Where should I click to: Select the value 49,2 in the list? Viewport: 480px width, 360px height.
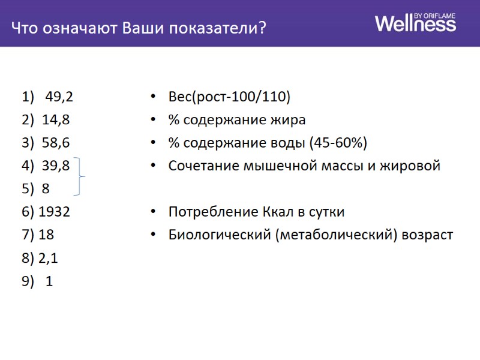[x=59, y=97]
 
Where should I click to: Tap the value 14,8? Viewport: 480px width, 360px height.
[x=56, y=119]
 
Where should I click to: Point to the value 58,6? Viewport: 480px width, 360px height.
[x=56, y=143]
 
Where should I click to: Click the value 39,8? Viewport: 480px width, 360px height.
[x=56, y=166]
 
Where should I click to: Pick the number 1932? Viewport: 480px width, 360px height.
[x=54, y=212]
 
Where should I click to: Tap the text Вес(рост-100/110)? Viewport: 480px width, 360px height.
[x=230, y=97]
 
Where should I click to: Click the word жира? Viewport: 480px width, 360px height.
[x=290, y=119]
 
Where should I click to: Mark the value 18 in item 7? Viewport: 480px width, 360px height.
[x=46, y=235]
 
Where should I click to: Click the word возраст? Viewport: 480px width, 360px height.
[x=428, y=235]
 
